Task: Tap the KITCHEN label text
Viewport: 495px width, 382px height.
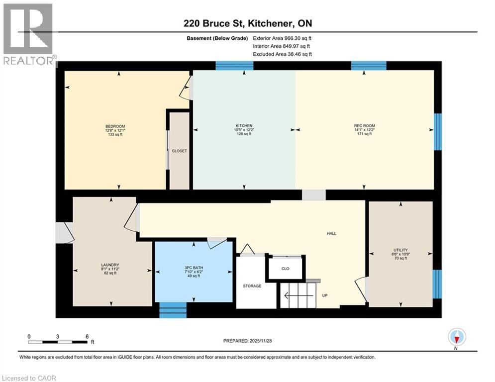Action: pyautogui.click(x=244, y=126)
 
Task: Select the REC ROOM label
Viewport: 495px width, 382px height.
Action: pyautogui.click(x=364, y=126)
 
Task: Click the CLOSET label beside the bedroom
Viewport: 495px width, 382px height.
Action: pyautogui.click(x=179, y=151)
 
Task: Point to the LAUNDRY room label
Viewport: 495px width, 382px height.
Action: pyautogui.click(x=110, y=265)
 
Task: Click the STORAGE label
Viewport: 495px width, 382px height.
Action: pyautogui.click(x=252, y=286)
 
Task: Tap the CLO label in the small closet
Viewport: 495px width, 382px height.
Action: pyautogui.click(x=285, y=269)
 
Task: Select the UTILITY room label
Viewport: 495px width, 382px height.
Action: pyautogui.click(x=400, y=250)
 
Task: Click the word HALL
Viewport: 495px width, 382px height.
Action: pyautogui.click(x=331, y=233)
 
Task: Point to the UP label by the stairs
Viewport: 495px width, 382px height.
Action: pyautogui.click(x=324, y=295)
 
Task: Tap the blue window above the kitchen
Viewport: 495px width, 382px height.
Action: pyautogui.click(x=234, y=66)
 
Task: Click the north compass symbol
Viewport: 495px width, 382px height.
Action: pyautogui.click(x=456, y=337)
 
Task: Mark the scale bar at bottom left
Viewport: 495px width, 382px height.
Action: pyautogui.click(x=58, y=341)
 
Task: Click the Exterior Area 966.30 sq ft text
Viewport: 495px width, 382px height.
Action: pyautogui.click(x=283, y=38)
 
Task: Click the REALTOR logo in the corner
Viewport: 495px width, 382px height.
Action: pyautogui.click(x=28, y=34)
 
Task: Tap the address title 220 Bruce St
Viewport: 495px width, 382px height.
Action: pyautogui.click(x=247, y=23)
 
